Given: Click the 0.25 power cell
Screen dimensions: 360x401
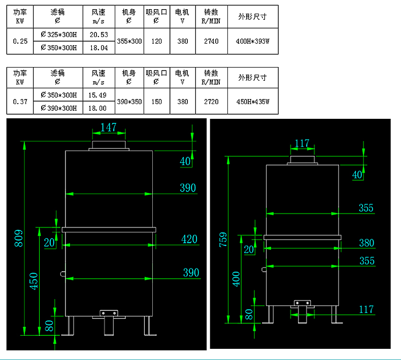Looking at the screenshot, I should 20,41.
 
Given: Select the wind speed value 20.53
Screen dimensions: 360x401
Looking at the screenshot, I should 98,35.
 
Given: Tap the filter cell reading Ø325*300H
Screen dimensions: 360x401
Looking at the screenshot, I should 58,35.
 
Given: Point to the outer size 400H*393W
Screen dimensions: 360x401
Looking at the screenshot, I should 253,41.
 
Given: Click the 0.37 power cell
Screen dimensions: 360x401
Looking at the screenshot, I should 20,102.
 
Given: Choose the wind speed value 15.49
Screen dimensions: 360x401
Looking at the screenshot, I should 97,95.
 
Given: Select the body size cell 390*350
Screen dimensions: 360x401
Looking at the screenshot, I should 129,102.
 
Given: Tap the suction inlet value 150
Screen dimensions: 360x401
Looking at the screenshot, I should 156,102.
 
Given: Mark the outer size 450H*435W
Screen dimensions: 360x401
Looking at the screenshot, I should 253,102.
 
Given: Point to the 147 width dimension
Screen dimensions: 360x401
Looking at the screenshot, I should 108,127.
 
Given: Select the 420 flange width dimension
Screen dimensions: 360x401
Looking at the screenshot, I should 189,239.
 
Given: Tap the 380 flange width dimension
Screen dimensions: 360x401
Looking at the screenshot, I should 366,243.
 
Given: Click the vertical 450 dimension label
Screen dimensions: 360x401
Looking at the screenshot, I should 34,281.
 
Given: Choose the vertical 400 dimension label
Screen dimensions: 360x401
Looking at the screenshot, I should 236,278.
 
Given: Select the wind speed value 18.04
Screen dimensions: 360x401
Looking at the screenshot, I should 98,48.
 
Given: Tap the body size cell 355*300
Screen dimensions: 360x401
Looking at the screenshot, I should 129,41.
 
